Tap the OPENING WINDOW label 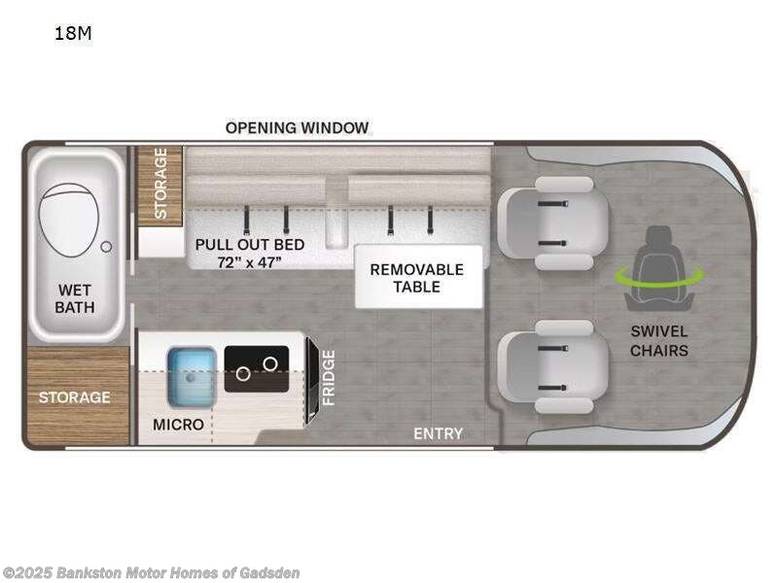pos(297,127)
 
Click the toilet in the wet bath pos(69,222)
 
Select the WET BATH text pos(76,299)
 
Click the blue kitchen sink pos(192,377)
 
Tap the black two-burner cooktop pos(257,368)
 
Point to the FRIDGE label pos(329,378)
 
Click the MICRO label pos(178,425)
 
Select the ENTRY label pos(438,433)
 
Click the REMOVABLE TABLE pos(417,277)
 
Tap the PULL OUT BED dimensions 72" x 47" pos(249,261)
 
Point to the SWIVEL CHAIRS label pos(658,340)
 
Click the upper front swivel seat pos(552,223)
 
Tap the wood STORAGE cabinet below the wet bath pos(75,396)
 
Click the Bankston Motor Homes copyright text pos(151,573)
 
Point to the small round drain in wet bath pos(106,246)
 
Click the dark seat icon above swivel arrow pos(658,249)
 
